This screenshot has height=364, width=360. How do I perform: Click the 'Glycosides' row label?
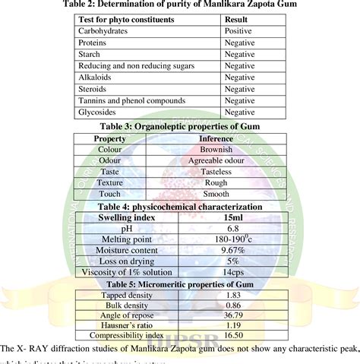pos(99,112)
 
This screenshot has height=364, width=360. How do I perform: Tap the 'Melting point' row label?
pos(126,239)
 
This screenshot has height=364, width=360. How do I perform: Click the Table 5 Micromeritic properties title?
pos(179,283)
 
